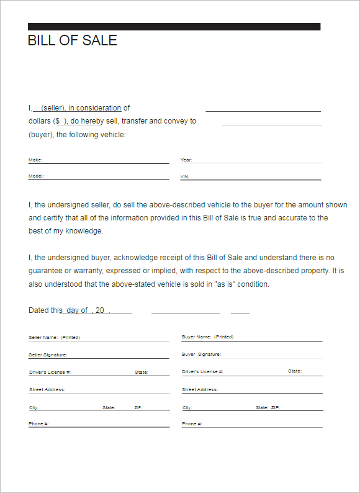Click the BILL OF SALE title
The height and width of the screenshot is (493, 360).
click(x=73, y=41)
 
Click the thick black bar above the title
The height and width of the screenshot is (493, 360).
click(x=174, y=27)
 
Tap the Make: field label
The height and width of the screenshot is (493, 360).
click(x=35, y=160)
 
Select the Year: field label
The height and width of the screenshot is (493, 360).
click(x=186, y=160)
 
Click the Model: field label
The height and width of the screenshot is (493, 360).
click(x=36, y=176)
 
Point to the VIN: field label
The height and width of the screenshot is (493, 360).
click(x=186, y=177)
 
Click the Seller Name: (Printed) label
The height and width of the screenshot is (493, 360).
click(x=54, y=337)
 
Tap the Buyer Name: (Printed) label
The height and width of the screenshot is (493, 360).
click(x=207, y=337)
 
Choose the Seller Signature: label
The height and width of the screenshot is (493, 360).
click(x=48, y=355)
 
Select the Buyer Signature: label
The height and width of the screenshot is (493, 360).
click(x=201, y=355)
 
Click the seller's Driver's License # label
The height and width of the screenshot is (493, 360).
click(x=50, y=372)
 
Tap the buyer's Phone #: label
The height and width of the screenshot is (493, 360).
click(x=192, y=423)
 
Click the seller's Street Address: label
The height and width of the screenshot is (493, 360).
click(x=47, y=390)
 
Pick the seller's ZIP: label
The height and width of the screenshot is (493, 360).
click(x=138, y=408)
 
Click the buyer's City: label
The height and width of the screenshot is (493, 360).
click(x=187, y=408)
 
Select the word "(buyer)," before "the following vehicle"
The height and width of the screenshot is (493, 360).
click(x=41, y=135)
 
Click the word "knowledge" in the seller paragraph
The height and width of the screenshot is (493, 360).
click(x=84, y=231)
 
